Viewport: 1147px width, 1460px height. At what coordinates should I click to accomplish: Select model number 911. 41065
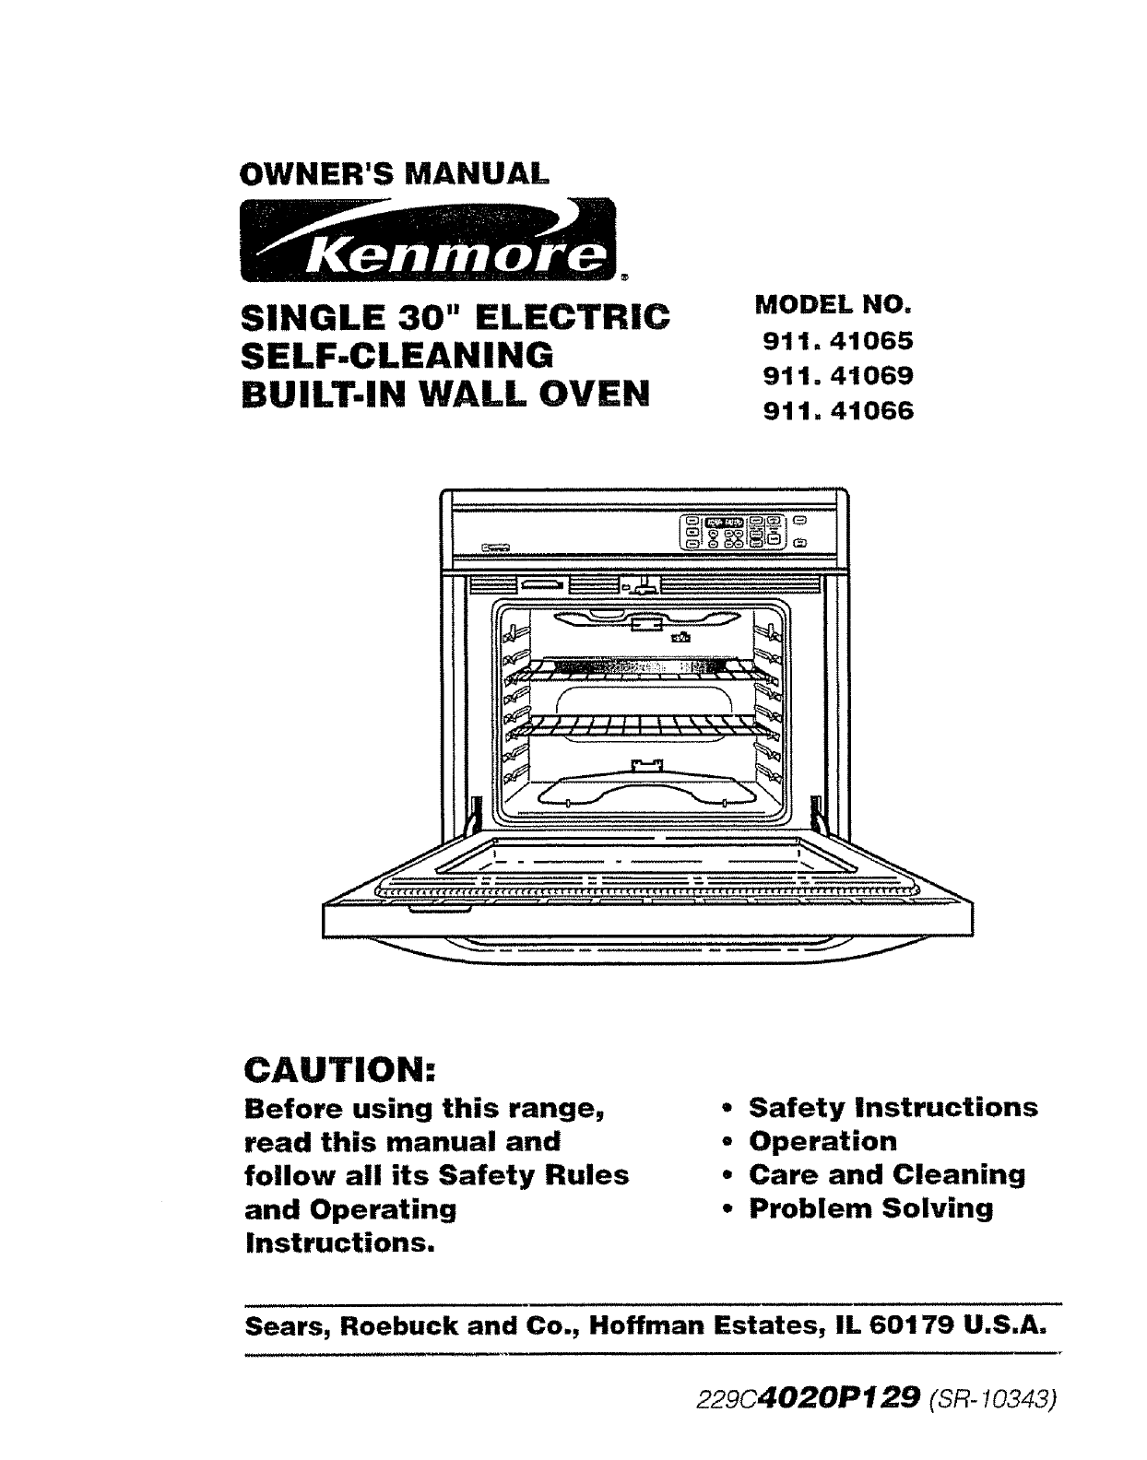tap(837, 341)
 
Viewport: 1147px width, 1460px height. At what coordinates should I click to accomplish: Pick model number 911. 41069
tap(837, 376)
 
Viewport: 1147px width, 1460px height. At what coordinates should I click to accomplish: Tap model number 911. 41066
tap(837, 411)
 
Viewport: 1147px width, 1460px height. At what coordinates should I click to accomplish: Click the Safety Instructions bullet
tap(893, 1107)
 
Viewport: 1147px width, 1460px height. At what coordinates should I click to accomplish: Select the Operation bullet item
tap(822, 1141)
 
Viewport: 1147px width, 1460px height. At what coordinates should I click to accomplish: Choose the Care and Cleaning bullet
tap(887, 1174)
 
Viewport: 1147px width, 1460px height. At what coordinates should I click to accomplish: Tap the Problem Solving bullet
tap(870, 1208)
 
